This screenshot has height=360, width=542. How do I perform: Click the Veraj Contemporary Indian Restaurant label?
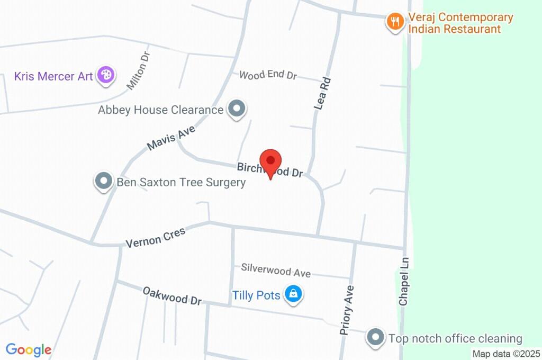[x=460, y=23]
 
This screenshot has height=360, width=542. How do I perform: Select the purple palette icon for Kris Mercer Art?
[x=106, y=75]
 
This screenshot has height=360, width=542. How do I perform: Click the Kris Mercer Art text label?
[x=54, y=76]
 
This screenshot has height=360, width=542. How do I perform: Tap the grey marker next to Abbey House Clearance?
[x=237, y=110]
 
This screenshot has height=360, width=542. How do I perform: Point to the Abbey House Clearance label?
[x=160, y=110]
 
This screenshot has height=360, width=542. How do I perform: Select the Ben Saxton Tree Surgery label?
[x=181, y=183]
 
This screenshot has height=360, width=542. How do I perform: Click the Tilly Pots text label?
[x=257, y=295]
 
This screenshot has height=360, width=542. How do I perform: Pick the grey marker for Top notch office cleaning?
[x=376, y=337]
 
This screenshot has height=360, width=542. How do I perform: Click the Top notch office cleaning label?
[x=455, y=338]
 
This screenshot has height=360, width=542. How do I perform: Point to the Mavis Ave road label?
[x=171, y=138]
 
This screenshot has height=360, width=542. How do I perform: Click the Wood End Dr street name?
[x=268, y=75]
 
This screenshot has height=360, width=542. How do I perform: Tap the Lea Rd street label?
[x=322, y=94]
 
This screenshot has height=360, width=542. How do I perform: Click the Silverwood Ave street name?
[x=276, y=271]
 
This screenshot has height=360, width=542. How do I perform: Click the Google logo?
[x=29, y=349]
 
